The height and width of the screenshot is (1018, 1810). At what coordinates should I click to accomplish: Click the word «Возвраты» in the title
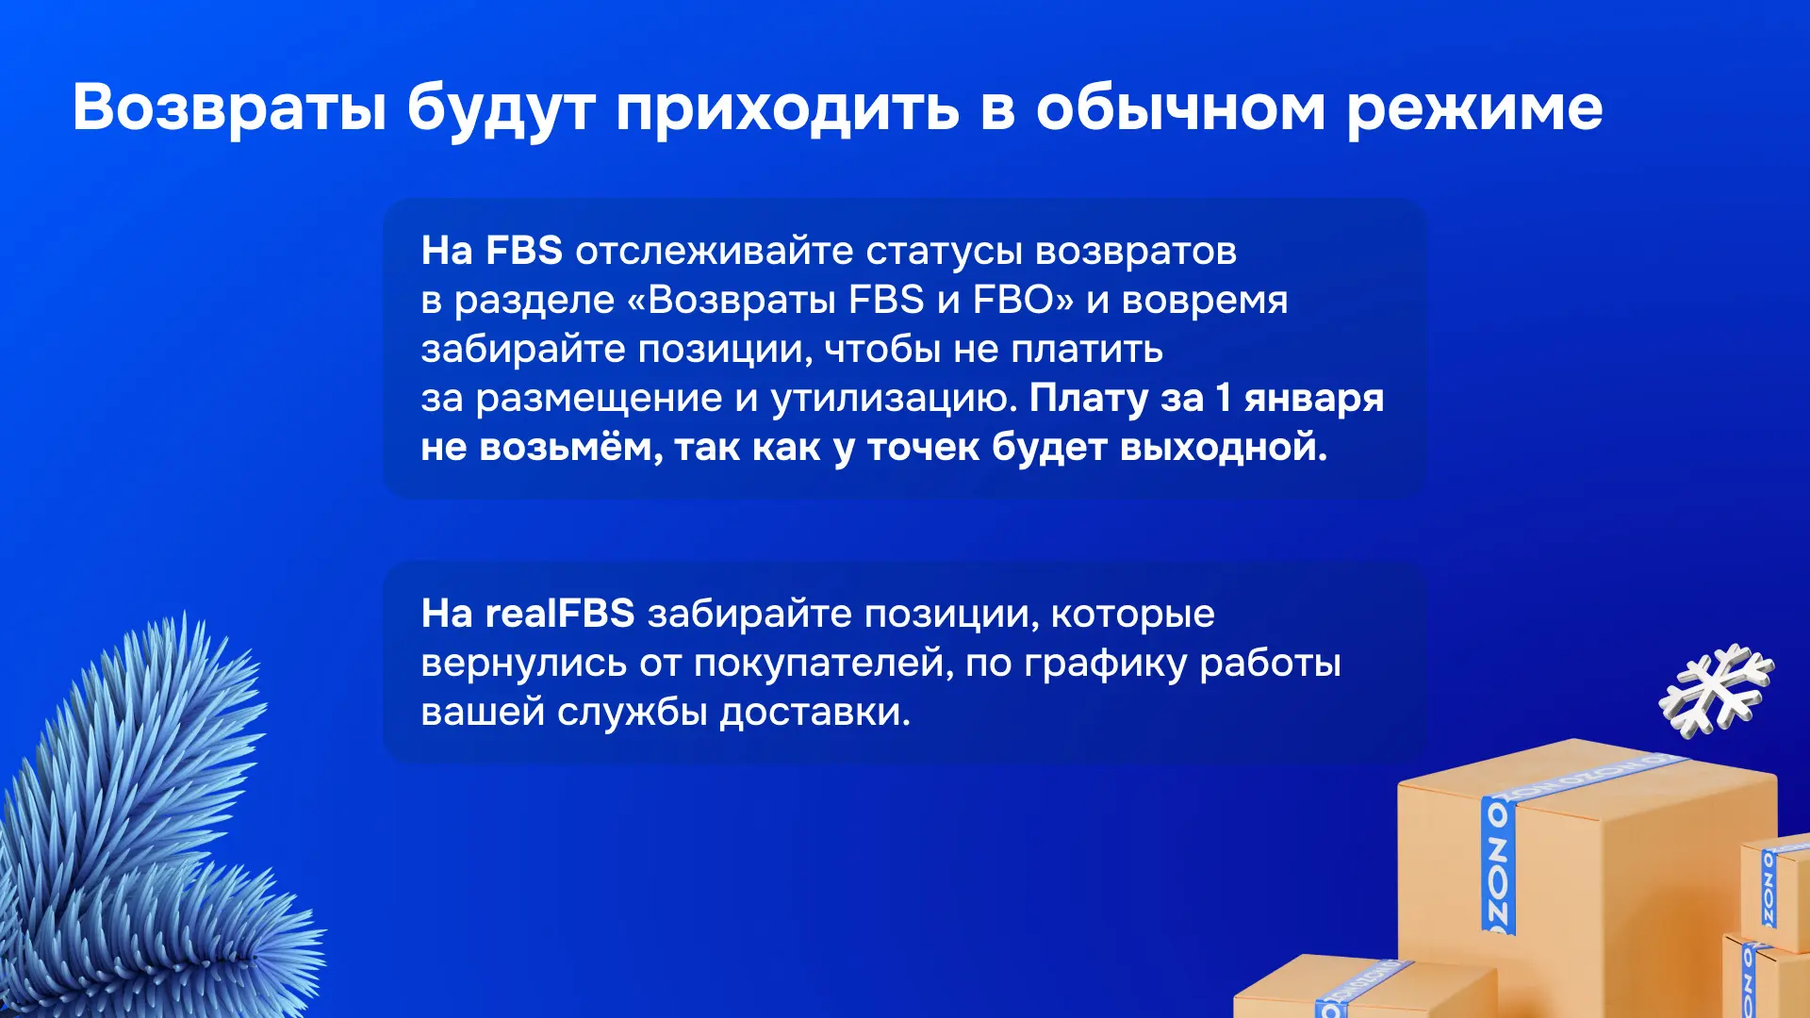click(x=230, y=107)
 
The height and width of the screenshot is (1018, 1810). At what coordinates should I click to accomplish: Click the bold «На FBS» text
click(x=491, y=251)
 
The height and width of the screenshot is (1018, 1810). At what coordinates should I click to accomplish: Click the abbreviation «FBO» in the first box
click(x=1013, y=300)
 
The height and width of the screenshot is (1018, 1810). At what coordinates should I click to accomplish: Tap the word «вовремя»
click(x=1205, y=301)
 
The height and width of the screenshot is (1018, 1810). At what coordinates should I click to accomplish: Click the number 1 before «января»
click(x=1223, y=398)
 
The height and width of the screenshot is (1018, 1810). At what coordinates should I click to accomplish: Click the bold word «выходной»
click(x=1223, y=448)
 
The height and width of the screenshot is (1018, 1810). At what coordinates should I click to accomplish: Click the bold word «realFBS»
click(x=560, y=614)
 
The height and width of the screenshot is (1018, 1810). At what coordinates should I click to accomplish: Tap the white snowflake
click(x=1716, y=690)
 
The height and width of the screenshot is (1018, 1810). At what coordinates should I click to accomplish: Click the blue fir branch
click(x=151, y=829)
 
